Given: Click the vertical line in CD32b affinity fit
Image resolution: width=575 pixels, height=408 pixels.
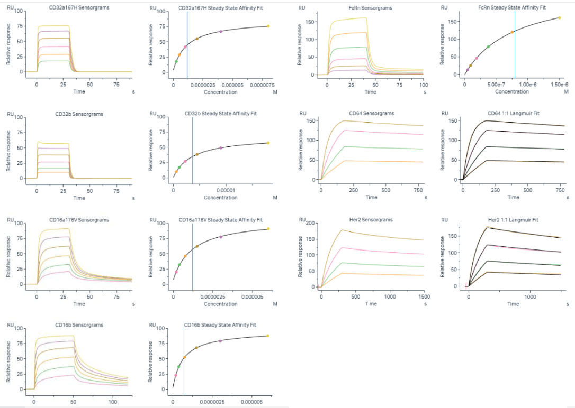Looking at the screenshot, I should coord(192,153).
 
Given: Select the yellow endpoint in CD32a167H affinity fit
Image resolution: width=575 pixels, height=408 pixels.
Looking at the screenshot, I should coord(268,26).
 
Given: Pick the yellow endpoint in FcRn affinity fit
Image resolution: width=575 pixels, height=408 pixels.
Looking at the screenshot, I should coord(559,18).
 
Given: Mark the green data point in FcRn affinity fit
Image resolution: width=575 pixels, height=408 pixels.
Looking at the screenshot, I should coord(488,47).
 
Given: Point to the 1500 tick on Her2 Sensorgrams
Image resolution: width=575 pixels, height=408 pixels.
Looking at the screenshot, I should coord(424,297).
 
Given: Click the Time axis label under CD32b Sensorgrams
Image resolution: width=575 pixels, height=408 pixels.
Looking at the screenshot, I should coord(79,198).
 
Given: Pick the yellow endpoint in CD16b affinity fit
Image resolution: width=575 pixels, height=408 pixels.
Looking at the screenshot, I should coord(267,336).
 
